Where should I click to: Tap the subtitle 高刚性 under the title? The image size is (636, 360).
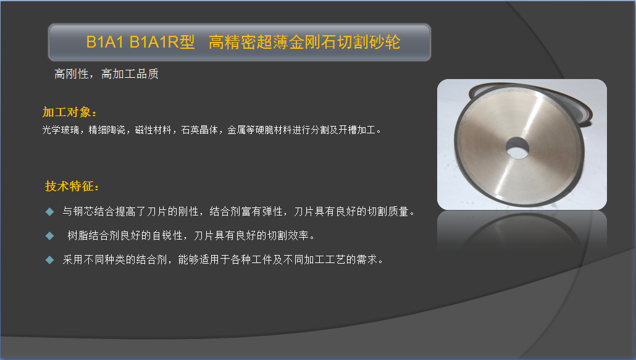[x=72, y=73]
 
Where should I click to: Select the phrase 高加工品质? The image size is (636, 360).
[x=130, y=73]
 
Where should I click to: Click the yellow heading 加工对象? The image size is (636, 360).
[x=67, y=112]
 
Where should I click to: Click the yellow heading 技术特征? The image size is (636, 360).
[x=70, y=186]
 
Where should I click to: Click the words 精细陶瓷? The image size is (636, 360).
[x=107, y=130]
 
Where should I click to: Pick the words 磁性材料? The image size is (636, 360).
[x=153, y=130]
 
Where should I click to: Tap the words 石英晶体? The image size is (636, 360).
[x=199, y=130]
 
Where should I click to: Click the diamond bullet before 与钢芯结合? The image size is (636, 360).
[x=49, y=212]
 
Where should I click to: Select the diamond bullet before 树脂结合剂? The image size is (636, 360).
[x=49, y=235]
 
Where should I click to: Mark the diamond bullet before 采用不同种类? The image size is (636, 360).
[x=49, y=259]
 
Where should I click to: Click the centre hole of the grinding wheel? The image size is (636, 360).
[x=517, y=148]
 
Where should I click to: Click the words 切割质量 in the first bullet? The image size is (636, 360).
[x=388, y=212]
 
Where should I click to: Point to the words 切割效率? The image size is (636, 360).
[x=288, y=235]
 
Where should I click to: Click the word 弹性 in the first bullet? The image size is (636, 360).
[x=272, y=212]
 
